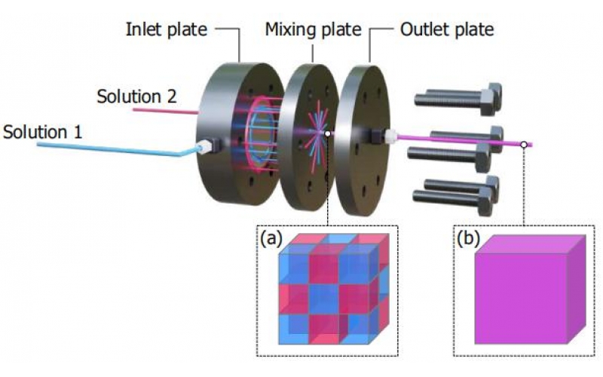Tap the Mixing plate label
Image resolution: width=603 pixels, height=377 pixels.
(x=312, y=29)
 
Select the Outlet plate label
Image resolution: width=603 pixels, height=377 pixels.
(x=447, y=29)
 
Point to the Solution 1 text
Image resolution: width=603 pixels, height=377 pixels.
(x=43, y=132)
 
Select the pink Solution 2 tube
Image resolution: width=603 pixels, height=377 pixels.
(x=166, y=112)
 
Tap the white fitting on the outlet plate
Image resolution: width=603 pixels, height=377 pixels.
(x=390, y=136)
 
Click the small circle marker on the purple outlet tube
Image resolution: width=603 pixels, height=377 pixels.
(x=523, y=143)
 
